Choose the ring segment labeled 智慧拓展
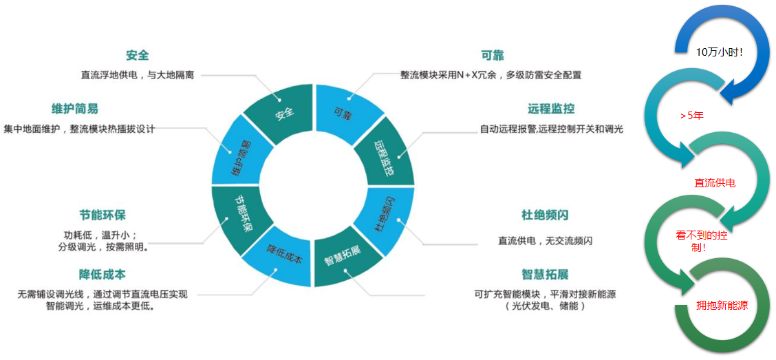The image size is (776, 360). (x=343, y=261)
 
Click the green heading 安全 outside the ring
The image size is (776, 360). (x=138, y=56)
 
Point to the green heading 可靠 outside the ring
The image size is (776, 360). (x=493, y=56)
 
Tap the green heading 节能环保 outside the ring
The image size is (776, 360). (x=103, y=215)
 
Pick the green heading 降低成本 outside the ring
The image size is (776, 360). (x=103, y=275)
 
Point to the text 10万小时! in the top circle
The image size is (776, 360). (x=720, y=52)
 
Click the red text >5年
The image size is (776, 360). (x=691, y=116)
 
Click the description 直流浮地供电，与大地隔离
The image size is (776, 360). (x=138, y=74)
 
